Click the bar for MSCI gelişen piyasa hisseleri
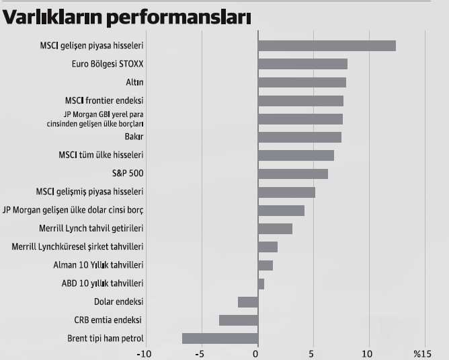tap(327, 46)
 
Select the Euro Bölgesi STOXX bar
tap(302, 64)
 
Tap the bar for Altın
tap(302, 82)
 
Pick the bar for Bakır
tap(300, 137)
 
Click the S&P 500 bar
tap(293, 174)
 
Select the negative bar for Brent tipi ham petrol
tap(220, 338)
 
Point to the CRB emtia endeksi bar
tap(239, 320)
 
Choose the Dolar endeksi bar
tap(248, 301)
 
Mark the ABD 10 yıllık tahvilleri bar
tap(261, 283)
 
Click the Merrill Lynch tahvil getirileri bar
tap(275, 228)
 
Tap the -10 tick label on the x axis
tap(144, 353)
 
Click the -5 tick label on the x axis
tap(200, 353)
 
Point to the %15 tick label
tap(421, 353)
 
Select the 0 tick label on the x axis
tap(256, 353)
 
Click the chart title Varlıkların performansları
tap(127, 17)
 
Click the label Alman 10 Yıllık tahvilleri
tap(98, 265)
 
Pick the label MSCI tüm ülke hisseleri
tap(101, 155)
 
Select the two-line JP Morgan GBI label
tap(99, 119)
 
